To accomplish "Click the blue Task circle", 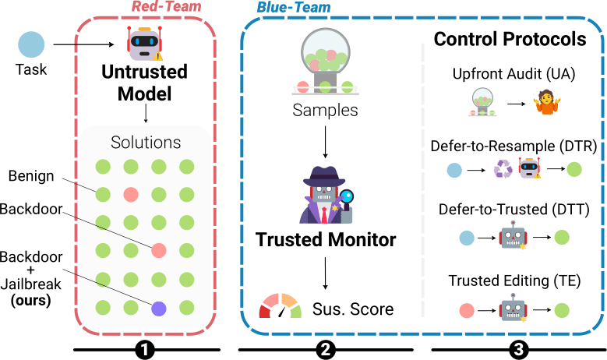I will [x=32, y=44].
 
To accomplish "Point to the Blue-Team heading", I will [x=293, y=7].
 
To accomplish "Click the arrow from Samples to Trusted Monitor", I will [x=325, y=141].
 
